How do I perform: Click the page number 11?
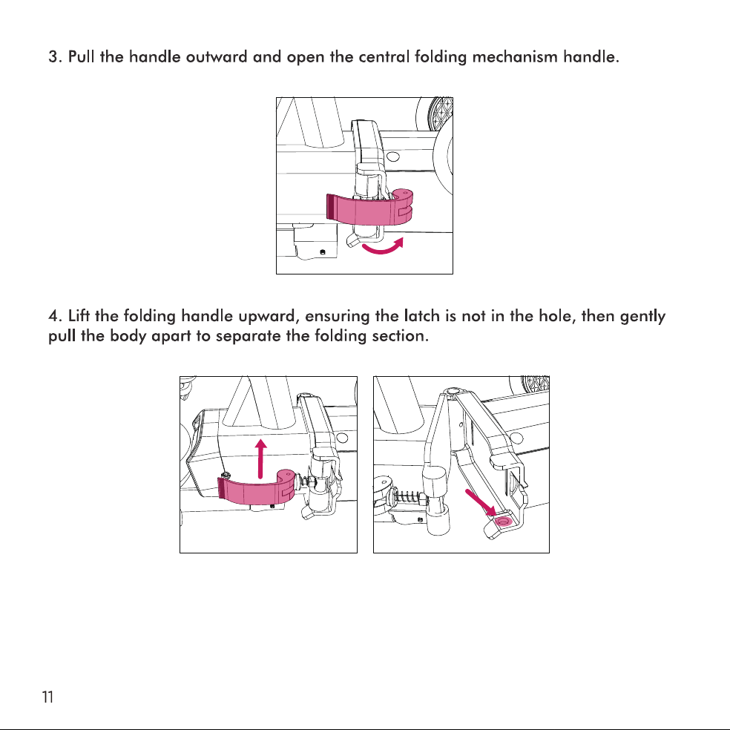click(47, 697)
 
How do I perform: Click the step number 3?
click(54, 57)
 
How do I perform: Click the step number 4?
click(54, 316)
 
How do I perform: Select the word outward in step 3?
click(217, 57)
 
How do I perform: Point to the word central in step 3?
click(384, 57)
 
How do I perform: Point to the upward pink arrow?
click(261, 458)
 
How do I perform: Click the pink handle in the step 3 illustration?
click(369, 208)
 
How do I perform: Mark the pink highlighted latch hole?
click(503, 521)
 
